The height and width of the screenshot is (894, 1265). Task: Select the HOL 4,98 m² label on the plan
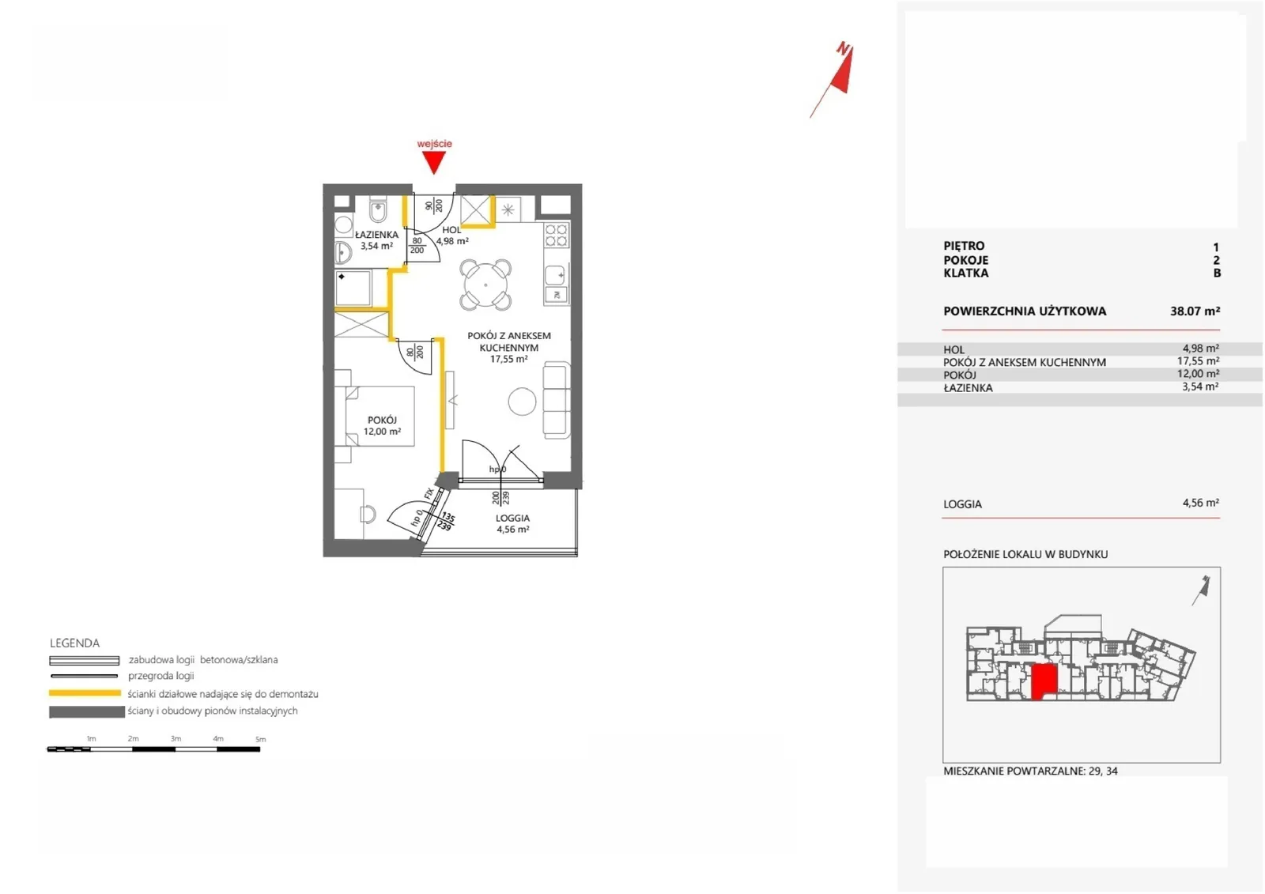tap(451, 236)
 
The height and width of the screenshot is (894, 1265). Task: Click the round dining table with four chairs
tap(485, 285)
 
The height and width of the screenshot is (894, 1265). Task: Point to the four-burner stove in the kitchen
tap(557, 235)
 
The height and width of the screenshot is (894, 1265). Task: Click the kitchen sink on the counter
tap(556, 276)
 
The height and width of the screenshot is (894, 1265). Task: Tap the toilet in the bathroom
tap(378, 210)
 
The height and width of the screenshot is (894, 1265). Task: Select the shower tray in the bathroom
tap(353, 288)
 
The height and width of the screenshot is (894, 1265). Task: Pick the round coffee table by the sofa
tap(522, 402)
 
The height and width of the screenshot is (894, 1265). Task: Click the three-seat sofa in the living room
tap(557, 400)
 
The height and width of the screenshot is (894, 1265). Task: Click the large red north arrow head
tap(843, 70)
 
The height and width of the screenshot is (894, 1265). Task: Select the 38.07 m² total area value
tap(1195, 311)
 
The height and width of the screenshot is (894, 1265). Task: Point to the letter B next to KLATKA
tap(1217, 273)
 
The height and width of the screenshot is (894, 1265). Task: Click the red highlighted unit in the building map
tap(1044, 682)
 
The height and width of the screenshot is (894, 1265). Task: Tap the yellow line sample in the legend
tap(85, 693)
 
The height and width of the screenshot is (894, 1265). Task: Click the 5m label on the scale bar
tap(260, 739)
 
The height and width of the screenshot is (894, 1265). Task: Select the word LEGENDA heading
tap(74, 643)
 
